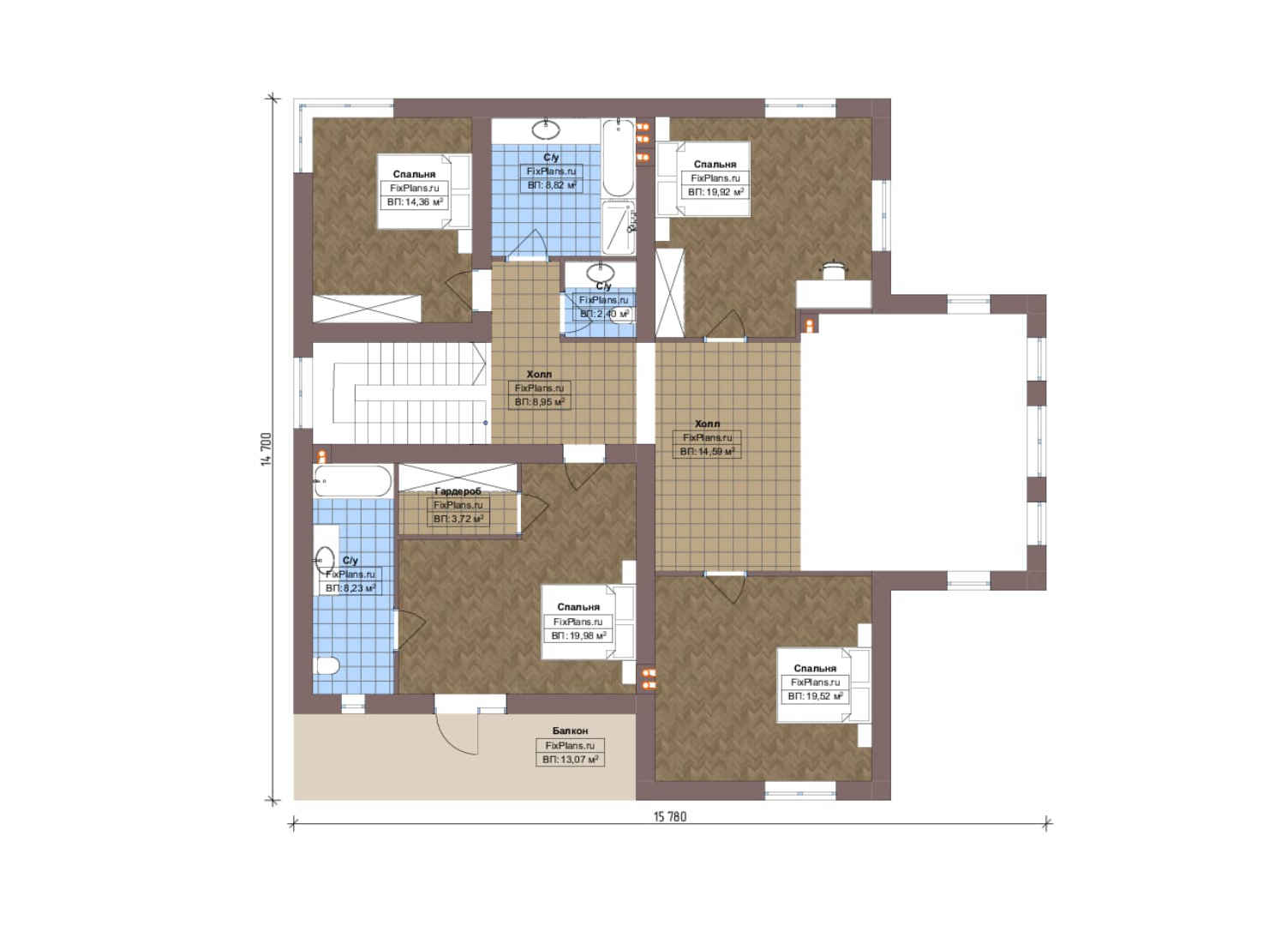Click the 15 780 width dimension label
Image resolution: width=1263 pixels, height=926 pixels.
pos(670,816)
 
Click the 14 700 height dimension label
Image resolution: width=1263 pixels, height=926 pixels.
pos(266,449)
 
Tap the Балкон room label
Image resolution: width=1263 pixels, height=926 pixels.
pos(570,731)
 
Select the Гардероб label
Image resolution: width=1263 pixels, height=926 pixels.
pos(458,491)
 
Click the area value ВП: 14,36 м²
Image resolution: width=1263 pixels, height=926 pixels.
pos(415,202)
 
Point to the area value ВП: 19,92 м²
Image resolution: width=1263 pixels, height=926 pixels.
pos(715,192)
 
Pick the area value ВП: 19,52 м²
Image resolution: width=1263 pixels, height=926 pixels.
pos(815,696)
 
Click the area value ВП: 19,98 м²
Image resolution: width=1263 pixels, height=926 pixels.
pos(578,635)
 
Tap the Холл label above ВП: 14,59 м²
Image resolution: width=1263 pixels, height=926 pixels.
pos(707,424)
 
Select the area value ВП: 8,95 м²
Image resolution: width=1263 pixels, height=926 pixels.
pos(539,402)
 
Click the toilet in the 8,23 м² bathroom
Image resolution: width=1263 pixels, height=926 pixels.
pos(326,665)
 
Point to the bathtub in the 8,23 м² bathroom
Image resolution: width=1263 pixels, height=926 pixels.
pos(353,481)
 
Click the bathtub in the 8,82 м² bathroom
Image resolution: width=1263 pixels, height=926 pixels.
pos(618,158)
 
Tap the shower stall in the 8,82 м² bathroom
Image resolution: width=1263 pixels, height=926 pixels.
pos(619,228)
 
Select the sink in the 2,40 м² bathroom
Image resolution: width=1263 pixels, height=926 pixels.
pos(601,274)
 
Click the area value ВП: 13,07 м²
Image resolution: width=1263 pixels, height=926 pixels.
pos(570,760)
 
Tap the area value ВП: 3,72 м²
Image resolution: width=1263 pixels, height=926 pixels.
pos(458,519)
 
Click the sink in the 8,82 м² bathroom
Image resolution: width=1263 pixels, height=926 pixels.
pos(547,129)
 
